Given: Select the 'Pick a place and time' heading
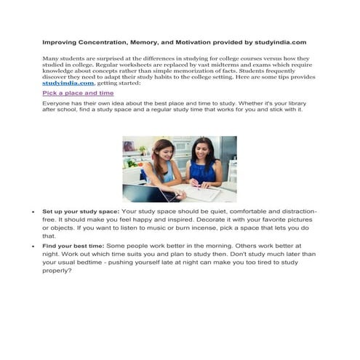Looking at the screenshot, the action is tap(78, 94).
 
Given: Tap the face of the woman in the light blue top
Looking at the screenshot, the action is tap(162, 152).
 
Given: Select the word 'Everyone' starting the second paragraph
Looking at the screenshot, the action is tap(56, 103).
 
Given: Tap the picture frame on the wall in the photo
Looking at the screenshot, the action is tap(129, 146).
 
